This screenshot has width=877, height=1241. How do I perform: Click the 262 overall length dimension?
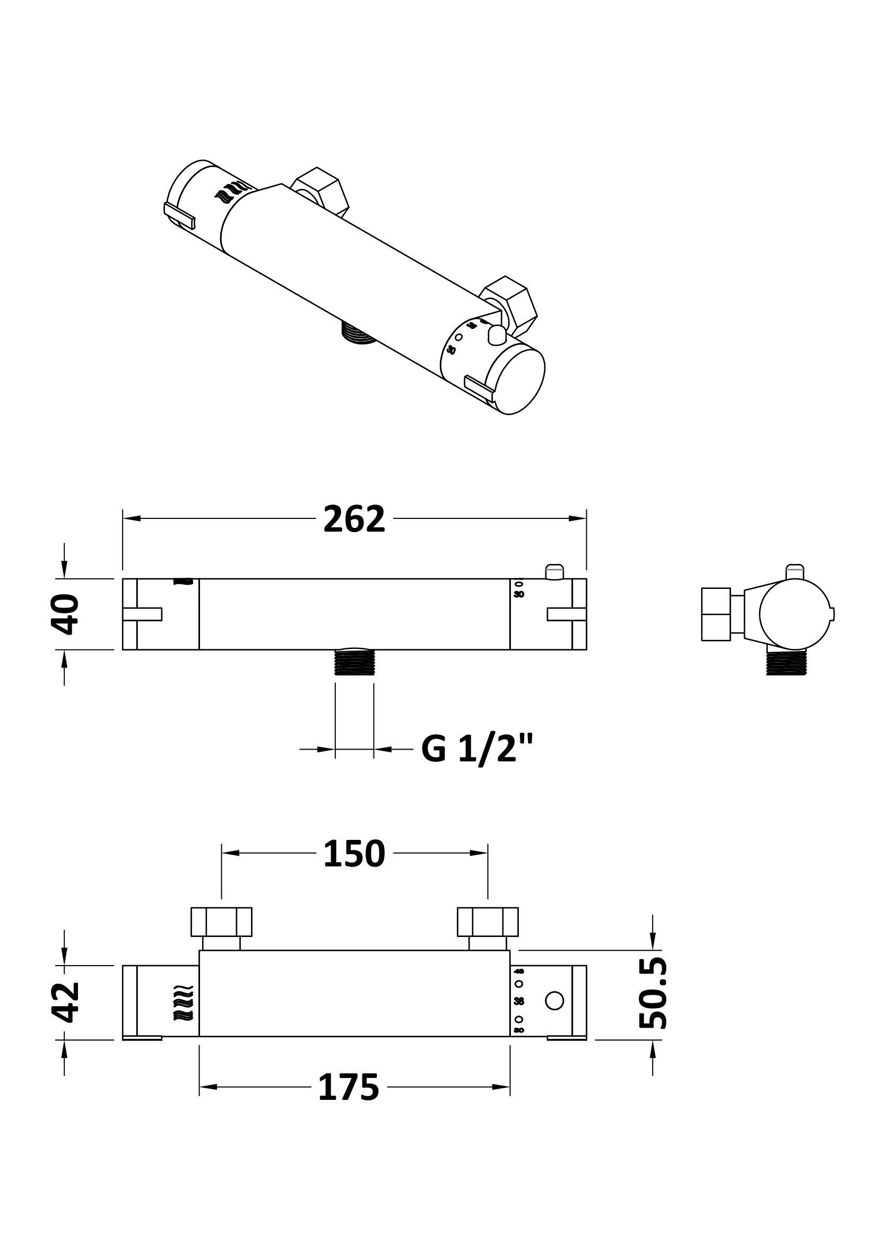[x=354, y=519]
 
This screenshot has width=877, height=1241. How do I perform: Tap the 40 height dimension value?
[x=65, y=614]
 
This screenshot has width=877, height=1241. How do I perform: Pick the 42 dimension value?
[x=66, y=1003]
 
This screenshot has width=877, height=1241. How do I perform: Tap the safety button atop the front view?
[x=554, y=571]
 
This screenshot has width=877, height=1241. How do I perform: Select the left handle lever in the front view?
[x=143, y=614]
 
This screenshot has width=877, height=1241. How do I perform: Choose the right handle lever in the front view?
[x=566, y=614]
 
